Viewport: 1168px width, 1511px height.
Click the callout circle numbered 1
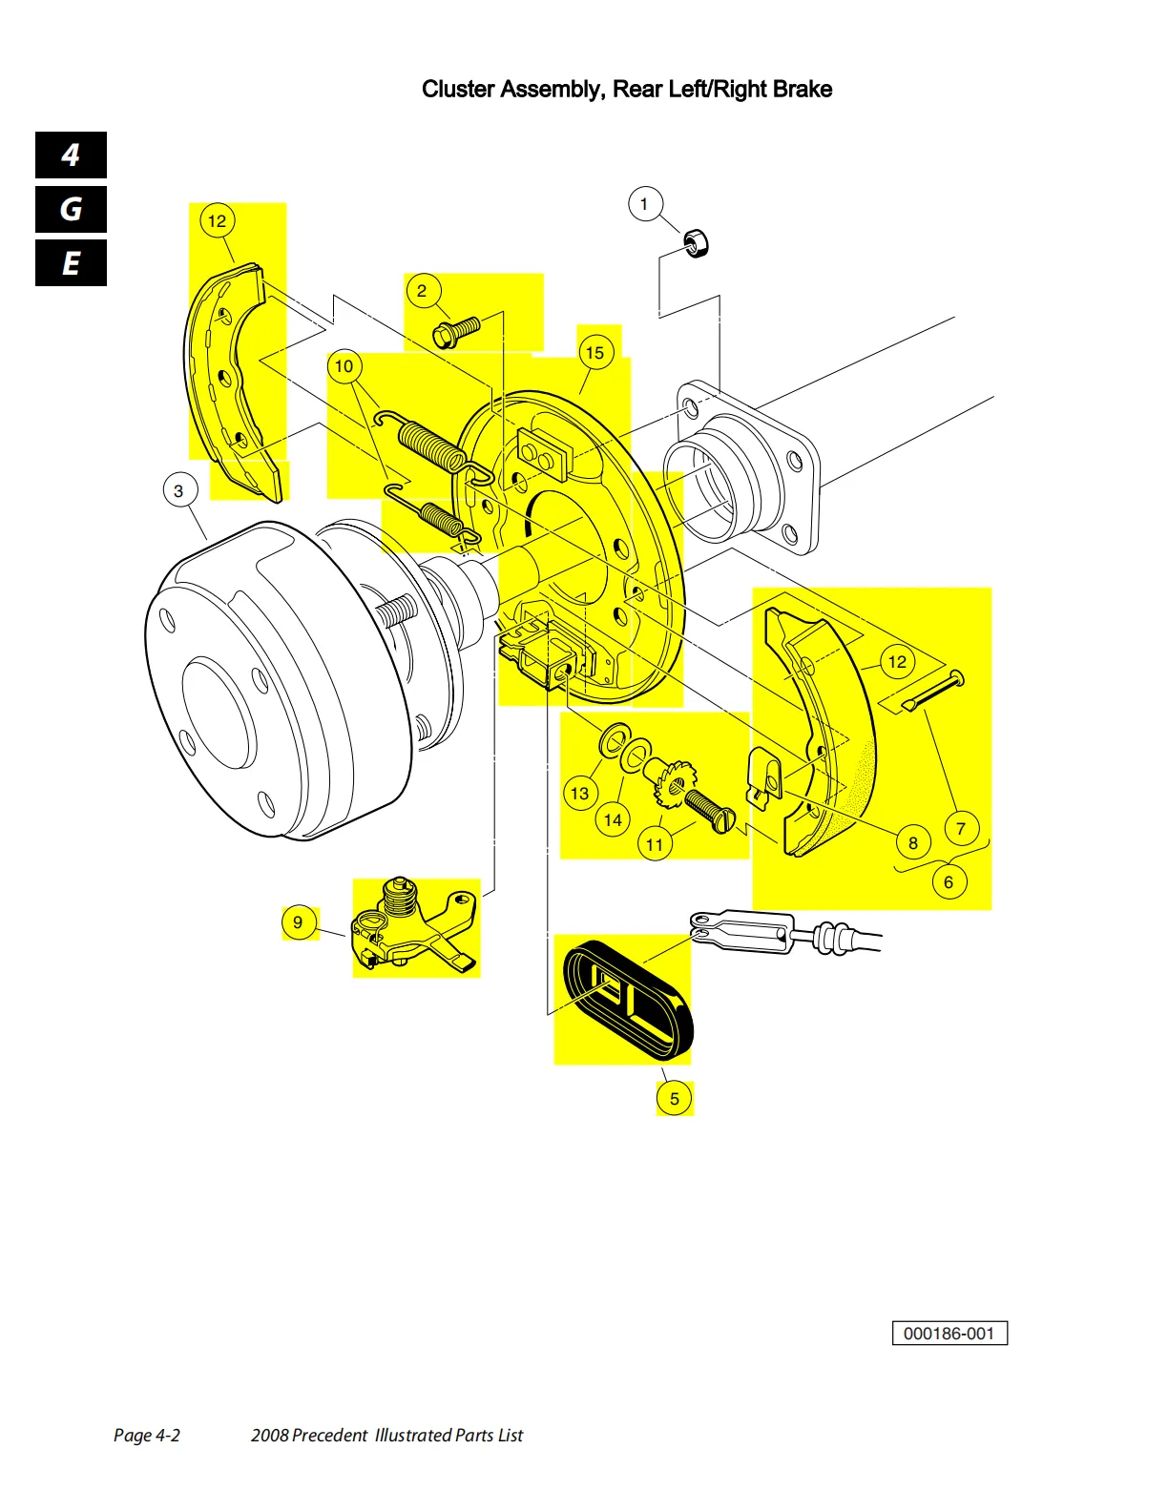(645, 204)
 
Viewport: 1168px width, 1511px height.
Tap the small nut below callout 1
(698, 243)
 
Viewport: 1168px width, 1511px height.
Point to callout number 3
(178, 491)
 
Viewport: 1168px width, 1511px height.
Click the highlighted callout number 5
(674, 1098)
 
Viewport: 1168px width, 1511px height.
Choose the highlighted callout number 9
(299, 922)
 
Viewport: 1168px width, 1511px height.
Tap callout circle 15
(594, 353)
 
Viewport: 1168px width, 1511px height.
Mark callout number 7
(961, 829)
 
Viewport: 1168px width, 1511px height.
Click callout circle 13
(579, 794)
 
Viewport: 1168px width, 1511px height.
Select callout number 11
(655, 844)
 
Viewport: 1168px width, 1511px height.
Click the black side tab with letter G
(71, 210)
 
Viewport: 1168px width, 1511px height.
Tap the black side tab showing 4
(71, 155)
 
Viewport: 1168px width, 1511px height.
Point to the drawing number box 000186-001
(949, 1334)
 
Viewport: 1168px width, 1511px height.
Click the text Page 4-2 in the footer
(146, 1435)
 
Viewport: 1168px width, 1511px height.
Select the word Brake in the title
(803, 90)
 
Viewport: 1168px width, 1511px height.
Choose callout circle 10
(344, 366)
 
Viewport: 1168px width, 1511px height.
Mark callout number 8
(913, 842)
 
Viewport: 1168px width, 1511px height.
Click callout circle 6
(948, 882)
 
